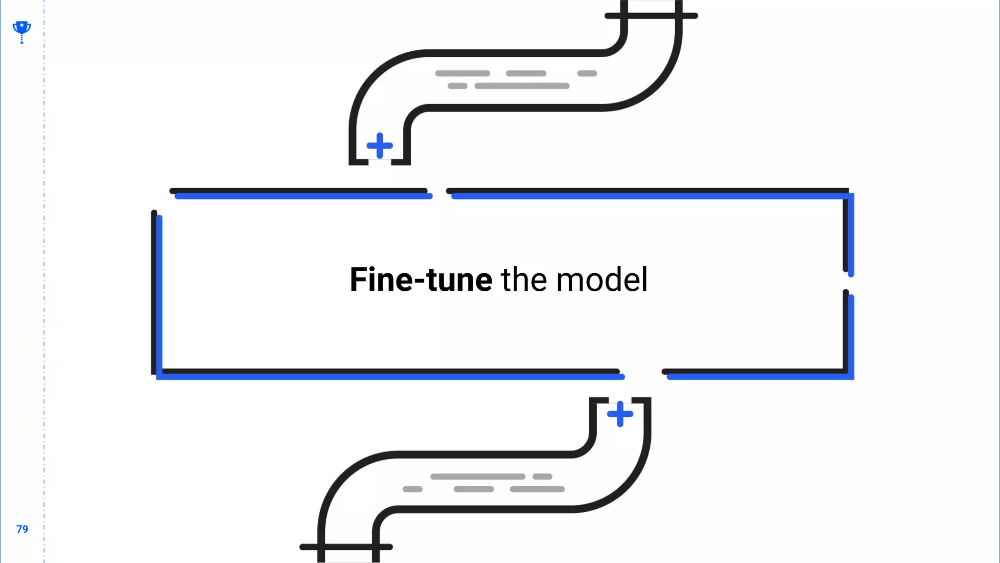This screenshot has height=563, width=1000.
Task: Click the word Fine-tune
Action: pyautogui.click(x=421, y=280)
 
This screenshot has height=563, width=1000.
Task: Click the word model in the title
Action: pyautogui.click(x=602, y=280)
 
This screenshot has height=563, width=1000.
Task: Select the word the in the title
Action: pyautogui.click(x=524, y=280)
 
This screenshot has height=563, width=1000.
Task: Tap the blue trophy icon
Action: pyautogui.click(x=21, y=31)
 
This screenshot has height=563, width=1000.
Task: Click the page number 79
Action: pyautogui.click(x=22, y=529)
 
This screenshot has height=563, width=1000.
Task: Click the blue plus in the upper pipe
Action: pyautogui.click(x=379, y=146)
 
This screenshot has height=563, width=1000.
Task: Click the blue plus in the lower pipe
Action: pyautogui.click(x=620, y=414)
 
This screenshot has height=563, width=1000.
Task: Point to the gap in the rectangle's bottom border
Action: pyautogui.click(x=643, y=374)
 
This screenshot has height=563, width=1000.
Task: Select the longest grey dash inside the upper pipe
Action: pyautogui.click(x=522, y=86)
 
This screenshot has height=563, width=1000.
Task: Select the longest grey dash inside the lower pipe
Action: pyautogui.click(x=478, y=476)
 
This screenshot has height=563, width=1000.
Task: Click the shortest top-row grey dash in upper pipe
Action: pyautogui.click(x=587, y=73)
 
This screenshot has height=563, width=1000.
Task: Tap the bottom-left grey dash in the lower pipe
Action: pyautogui.click(x=413, y=489)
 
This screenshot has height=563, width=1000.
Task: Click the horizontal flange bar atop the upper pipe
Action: pyautogui.click(x=651, y=16)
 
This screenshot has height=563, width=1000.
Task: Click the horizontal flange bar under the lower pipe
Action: pyautogui.click(x=346, y=547)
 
